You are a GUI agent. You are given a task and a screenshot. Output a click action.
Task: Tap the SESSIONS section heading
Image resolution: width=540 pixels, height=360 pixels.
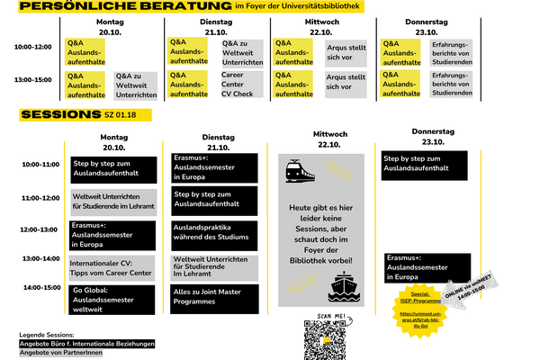click(x=58, y=115)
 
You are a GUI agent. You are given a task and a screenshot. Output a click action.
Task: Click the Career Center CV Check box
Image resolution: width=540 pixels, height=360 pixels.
click(x=238, y=84)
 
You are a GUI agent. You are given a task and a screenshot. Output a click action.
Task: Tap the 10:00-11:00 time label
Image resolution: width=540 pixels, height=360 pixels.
click(x=40, y=165)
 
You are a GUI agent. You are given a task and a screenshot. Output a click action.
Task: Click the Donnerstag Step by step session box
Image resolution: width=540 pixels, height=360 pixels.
click(x=426, y=164)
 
